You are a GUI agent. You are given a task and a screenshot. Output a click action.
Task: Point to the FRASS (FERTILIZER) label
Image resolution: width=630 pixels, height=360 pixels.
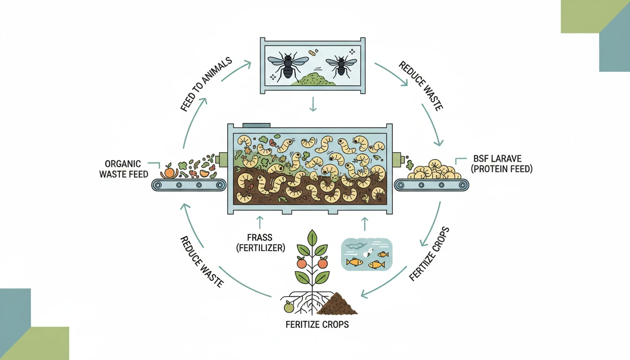[x=261, y=243]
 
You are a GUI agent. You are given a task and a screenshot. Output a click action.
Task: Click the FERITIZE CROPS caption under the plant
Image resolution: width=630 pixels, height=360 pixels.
[x=317, y=324]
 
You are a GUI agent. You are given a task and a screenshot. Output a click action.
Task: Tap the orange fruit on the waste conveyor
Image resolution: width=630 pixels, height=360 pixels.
[x=169, y=172]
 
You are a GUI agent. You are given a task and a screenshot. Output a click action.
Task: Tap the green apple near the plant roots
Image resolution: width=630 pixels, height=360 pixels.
[x=289, y=307]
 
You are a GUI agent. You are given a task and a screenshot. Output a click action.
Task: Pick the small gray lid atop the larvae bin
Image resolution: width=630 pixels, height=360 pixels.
[x=256, y=125]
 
